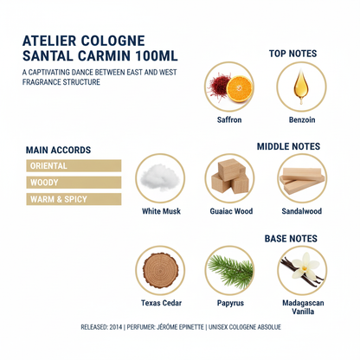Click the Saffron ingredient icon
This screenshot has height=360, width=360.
click(x=228, y=87)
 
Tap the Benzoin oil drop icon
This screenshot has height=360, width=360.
click(x=300, y=87)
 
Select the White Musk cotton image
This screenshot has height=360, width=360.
click(x=161, y=178)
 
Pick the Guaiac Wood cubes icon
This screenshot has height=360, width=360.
click(x=230, y=178)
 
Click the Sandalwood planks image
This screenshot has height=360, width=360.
click(x=301, y=178)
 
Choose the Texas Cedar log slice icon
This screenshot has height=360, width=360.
click(x=161, y=270)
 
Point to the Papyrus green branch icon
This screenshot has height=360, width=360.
click(x=230, y=270)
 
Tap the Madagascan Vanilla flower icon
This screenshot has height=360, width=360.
click(x=301, y=270)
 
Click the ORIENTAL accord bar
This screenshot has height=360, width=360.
click(x=74, y=165)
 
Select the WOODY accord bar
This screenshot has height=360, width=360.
click(x=74, y=182)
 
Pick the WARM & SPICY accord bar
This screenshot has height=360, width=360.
click(x=74, y=199)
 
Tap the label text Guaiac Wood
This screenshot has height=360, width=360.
click(x=230, y=210)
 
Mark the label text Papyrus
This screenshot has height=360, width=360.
click(x=230, y=303)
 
